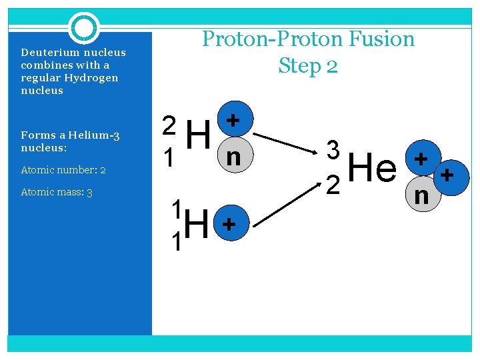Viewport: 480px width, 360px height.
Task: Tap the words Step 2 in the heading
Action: click(x=308, y=65)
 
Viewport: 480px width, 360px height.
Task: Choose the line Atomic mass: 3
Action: click(x=56, y=193)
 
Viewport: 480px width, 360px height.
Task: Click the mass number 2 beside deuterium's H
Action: click(x=170, y=125)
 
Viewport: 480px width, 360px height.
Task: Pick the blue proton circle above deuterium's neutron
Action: click(x=233, y=120)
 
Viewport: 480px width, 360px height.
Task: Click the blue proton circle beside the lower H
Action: click(x=228, y=225)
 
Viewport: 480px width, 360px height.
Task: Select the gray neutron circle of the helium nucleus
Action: click(x=421, y=195)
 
